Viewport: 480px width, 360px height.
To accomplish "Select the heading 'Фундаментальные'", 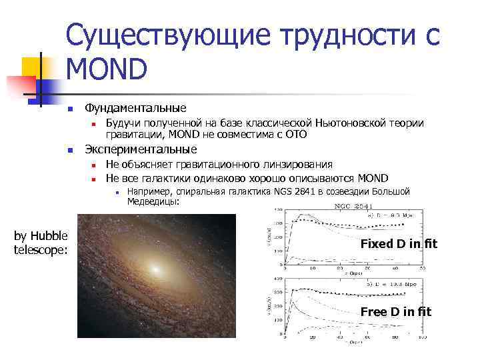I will [135, 108].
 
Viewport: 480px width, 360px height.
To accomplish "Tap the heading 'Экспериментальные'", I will [141, 149].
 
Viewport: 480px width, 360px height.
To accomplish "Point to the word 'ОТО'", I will [295, 135].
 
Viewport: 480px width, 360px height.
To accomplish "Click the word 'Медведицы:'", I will [153, 201].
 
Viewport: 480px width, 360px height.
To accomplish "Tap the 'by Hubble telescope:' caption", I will [41, 243].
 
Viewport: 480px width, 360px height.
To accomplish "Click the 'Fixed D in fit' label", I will [399, 244].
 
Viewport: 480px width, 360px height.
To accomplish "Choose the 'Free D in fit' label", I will [396, 311].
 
